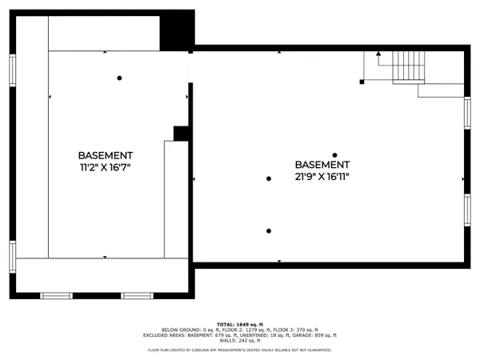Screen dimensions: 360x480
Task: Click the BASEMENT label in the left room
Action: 106,154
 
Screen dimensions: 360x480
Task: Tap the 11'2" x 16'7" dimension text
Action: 106,167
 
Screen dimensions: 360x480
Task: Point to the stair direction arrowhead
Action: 379,55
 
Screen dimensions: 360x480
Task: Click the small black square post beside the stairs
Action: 362,81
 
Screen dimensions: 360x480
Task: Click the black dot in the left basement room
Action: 119,78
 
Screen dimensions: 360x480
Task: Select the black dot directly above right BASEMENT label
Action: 335,155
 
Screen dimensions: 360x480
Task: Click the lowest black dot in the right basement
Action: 269,231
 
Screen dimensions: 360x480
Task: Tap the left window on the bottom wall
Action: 55,296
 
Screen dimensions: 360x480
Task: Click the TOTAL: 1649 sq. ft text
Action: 240,322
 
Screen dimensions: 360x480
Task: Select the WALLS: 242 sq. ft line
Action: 240,342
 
